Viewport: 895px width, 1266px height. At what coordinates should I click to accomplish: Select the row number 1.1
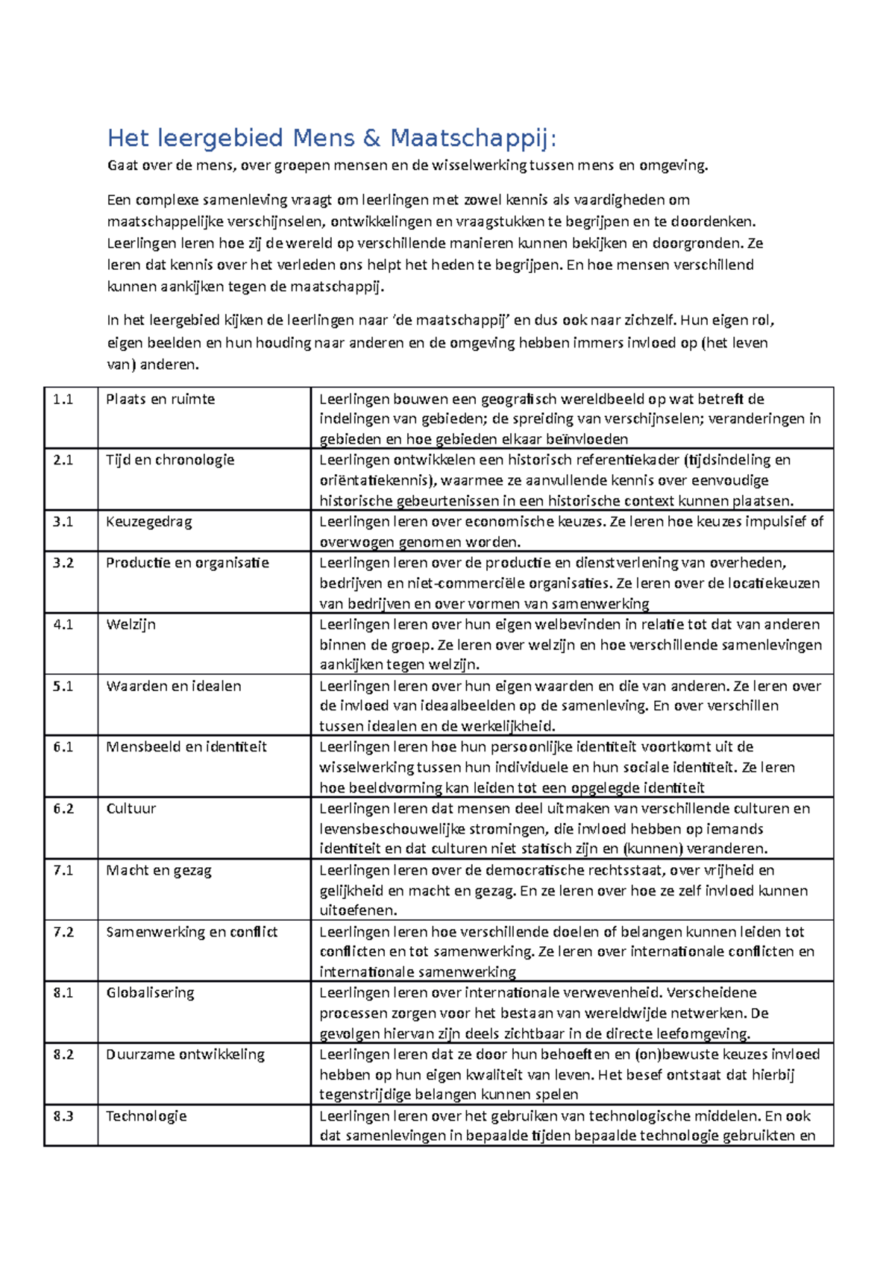pyautogui.click(x=63, y=400)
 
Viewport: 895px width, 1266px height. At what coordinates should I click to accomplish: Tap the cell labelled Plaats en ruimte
pyautogui.click(x=160, y=400)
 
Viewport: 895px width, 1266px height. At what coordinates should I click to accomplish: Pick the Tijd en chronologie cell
pyautogui.click(x=170, y=460)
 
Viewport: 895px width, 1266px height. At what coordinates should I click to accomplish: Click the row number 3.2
pyautogui.click(x=63, y=563)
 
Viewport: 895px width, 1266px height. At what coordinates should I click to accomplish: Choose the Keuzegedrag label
pyautogui.click(x=149, y=522)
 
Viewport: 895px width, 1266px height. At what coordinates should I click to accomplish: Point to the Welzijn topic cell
pyautogui.click(x=131, y=625)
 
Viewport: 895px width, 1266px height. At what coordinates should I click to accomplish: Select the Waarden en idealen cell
pyautogui.click(x=174, y=686)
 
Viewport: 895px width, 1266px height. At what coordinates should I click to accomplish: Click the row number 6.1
pyautogui.click(x=63, y=747)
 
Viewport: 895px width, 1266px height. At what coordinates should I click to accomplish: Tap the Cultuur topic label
pyautogui.click(x=131, y=809)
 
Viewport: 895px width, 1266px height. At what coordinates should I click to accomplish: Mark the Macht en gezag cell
pyautogui.click(x=159, y=870)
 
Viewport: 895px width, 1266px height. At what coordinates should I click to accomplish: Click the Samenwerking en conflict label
pyautogui.click(x=192, y=932)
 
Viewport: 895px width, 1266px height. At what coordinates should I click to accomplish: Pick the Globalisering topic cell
pyautogui.click(x=150, y=993)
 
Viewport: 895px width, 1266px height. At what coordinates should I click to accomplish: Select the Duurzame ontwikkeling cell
pyautogui.click(x=185, y=1054)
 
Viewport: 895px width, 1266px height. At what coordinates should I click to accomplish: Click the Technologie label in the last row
pyautogui.click(x=146, y=1116)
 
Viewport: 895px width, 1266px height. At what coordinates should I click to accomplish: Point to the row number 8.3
pyautogui.click(x=63, y=1116)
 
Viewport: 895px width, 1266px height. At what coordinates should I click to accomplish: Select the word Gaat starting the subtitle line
pyautogui.click(x=122, y=166)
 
